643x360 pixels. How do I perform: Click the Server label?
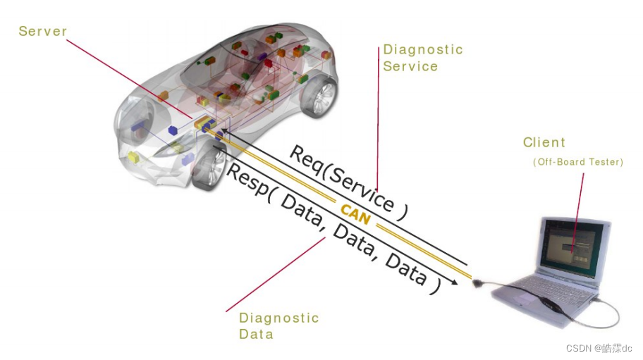pos(43,31)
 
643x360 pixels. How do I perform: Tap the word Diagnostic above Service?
pos(423,49)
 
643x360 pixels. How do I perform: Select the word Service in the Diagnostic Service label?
pos(410,66)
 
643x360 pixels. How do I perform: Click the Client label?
pos(544,142)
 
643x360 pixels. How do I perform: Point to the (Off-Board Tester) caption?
pos(578,162)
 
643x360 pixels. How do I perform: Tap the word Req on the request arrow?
pos(305,158)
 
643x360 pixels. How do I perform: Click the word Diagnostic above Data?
pos(279,318)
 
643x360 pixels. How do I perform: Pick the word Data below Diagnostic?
pos(256,335)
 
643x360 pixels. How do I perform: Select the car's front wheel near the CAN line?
pos(208,168)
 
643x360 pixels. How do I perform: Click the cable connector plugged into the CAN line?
pos(479,282)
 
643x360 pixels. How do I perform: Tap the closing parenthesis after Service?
pos(401,212)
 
